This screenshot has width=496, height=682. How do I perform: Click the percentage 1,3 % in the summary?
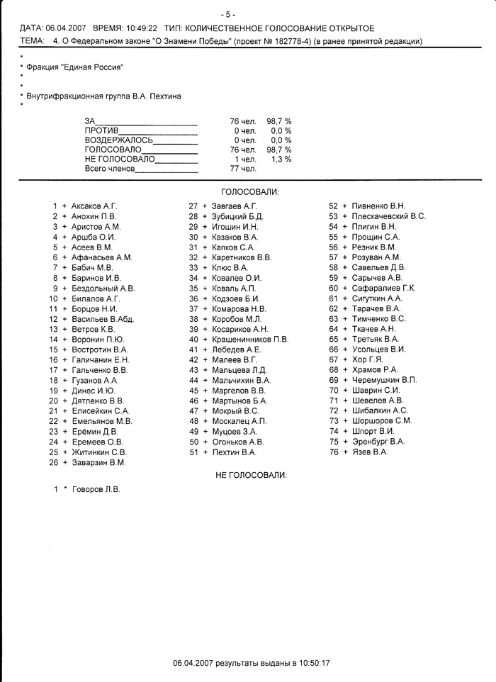[281, 160]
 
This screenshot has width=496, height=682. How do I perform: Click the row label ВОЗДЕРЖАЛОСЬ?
[118, 140]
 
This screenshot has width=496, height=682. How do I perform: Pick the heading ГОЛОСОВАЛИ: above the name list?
[250, 192]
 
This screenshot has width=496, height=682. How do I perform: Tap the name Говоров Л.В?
[96, 489]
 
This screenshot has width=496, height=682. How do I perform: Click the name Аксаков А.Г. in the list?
[94, 206]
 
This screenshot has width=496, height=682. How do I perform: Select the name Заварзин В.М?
[98, 462]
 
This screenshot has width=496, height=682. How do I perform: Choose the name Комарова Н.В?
[239, 308]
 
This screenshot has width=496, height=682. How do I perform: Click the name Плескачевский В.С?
[388, 216]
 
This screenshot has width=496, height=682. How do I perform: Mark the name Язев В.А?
[370, 452]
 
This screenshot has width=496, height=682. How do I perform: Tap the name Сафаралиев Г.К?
[383, 288]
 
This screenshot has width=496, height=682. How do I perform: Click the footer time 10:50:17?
[316, 663]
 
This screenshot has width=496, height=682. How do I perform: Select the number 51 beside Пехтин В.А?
[193, 452]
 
